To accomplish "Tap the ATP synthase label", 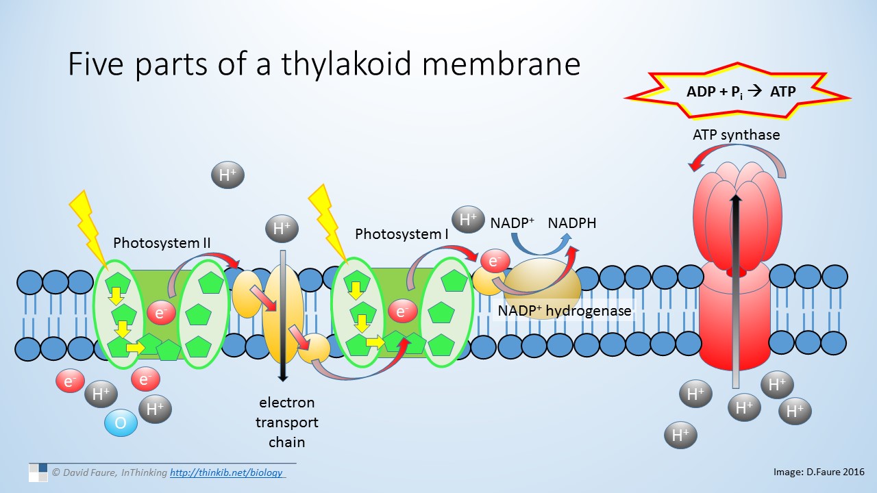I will click(x=736, y=135).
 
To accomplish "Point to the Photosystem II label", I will click(x=162, y=243).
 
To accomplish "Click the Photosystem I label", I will click(x=402, y=234).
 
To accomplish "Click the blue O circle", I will click(x=121, y=423).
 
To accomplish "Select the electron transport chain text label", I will click(x=287, y=422).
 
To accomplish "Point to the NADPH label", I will click(x=572, y=223).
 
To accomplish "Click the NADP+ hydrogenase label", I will click(x=564, y=310).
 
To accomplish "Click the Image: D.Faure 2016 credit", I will click(x=818, y=472).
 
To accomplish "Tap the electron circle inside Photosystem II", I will click(x=161, y=314).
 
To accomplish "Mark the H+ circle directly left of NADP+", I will click(x=469, y=220).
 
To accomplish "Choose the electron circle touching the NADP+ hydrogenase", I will click(x=494, y=261).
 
